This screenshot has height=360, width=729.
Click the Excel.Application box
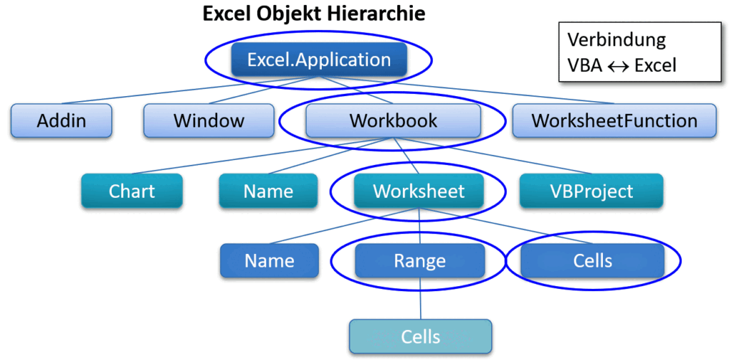(x=319, y=60)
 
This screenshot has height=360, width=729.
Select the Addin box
(x=61, y=121)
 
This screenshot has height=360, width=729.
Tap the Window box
(x=209, y=121)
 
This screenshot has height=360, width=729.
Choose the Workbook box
(x=393, y=121)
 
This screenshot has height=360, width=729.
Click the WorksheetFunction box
(x=614, y=121)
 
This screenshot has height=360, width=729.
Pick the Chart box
(x=132, y=191)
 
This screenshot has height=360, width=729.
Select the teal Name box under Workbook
(x=268, y=191)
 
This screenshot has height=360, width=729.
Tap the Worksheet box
(x=419, y=191)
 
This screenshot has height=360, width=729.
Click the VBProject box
(x=592, y=191)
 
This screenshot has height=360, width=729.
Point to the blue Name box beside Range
(x=270, y=260)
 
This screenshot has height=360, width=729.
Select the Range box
(x=420, y=260)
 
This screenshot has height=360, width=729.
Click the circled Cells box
(x=592, y=260)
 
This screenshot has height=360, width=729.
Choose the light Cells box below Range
(x=421, y=337)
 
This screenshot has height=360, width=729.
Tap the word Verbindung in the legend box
(x=617, y=41)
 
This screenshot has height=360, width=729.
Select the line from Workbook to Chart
(x=262, y=156)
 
